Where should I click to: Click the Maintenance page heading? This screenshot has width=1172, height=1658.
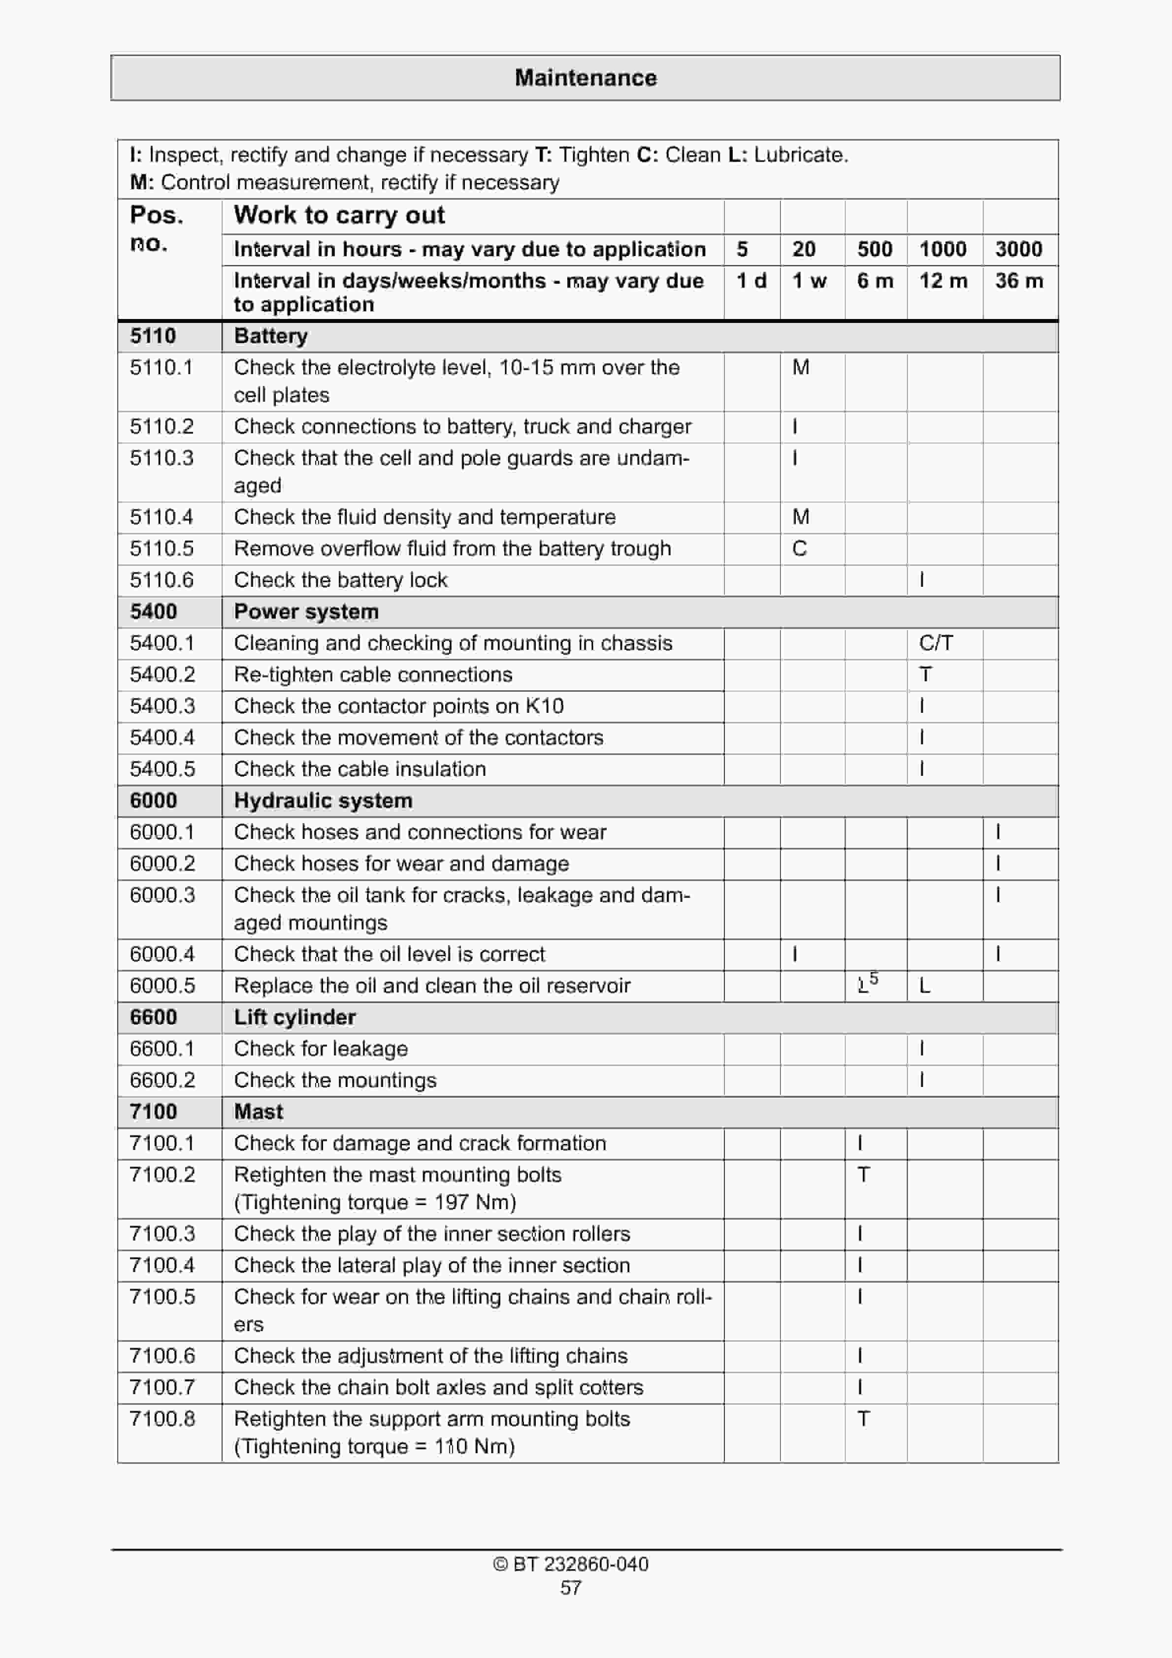point(586,78)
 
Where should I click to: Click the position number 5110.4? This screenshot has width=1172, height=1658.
point(161,517)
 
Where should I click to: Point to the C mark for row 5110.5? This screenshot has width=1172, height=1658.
point(799,549)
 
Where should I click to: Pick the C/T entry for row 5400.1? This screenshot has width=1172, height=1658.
point(936,643)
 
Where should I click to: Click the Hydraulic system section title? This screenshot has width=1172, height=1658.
point(323,800)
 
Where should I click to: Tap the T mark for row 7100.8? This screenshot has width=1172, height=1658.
point(863,1419)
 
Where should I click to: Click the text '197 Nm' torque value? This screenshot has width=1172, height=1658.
point(475,1202)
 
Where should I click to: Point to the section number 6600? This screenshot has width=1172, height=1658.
point(153,1017)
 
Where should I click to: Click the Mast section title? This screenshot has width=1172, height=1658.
point(258,1112)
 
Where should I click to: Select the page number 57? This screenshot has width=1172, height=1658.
point(571,1588)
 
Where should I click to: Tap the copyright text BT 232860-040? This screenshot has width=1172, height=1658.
point(571,1564)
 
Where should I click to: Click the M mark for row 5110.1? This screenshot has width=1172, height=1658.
point(801,368)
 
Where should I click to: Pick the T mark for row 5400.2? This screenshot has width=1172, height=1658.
point(925,674)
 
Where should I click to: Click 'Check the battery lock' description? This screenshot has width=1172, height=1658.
point(340,580)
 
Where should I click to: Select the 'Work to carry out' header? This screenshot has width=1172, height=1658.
point(339,215)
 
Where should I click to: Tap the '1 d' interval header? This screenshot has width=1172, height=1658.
point(751,281)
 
